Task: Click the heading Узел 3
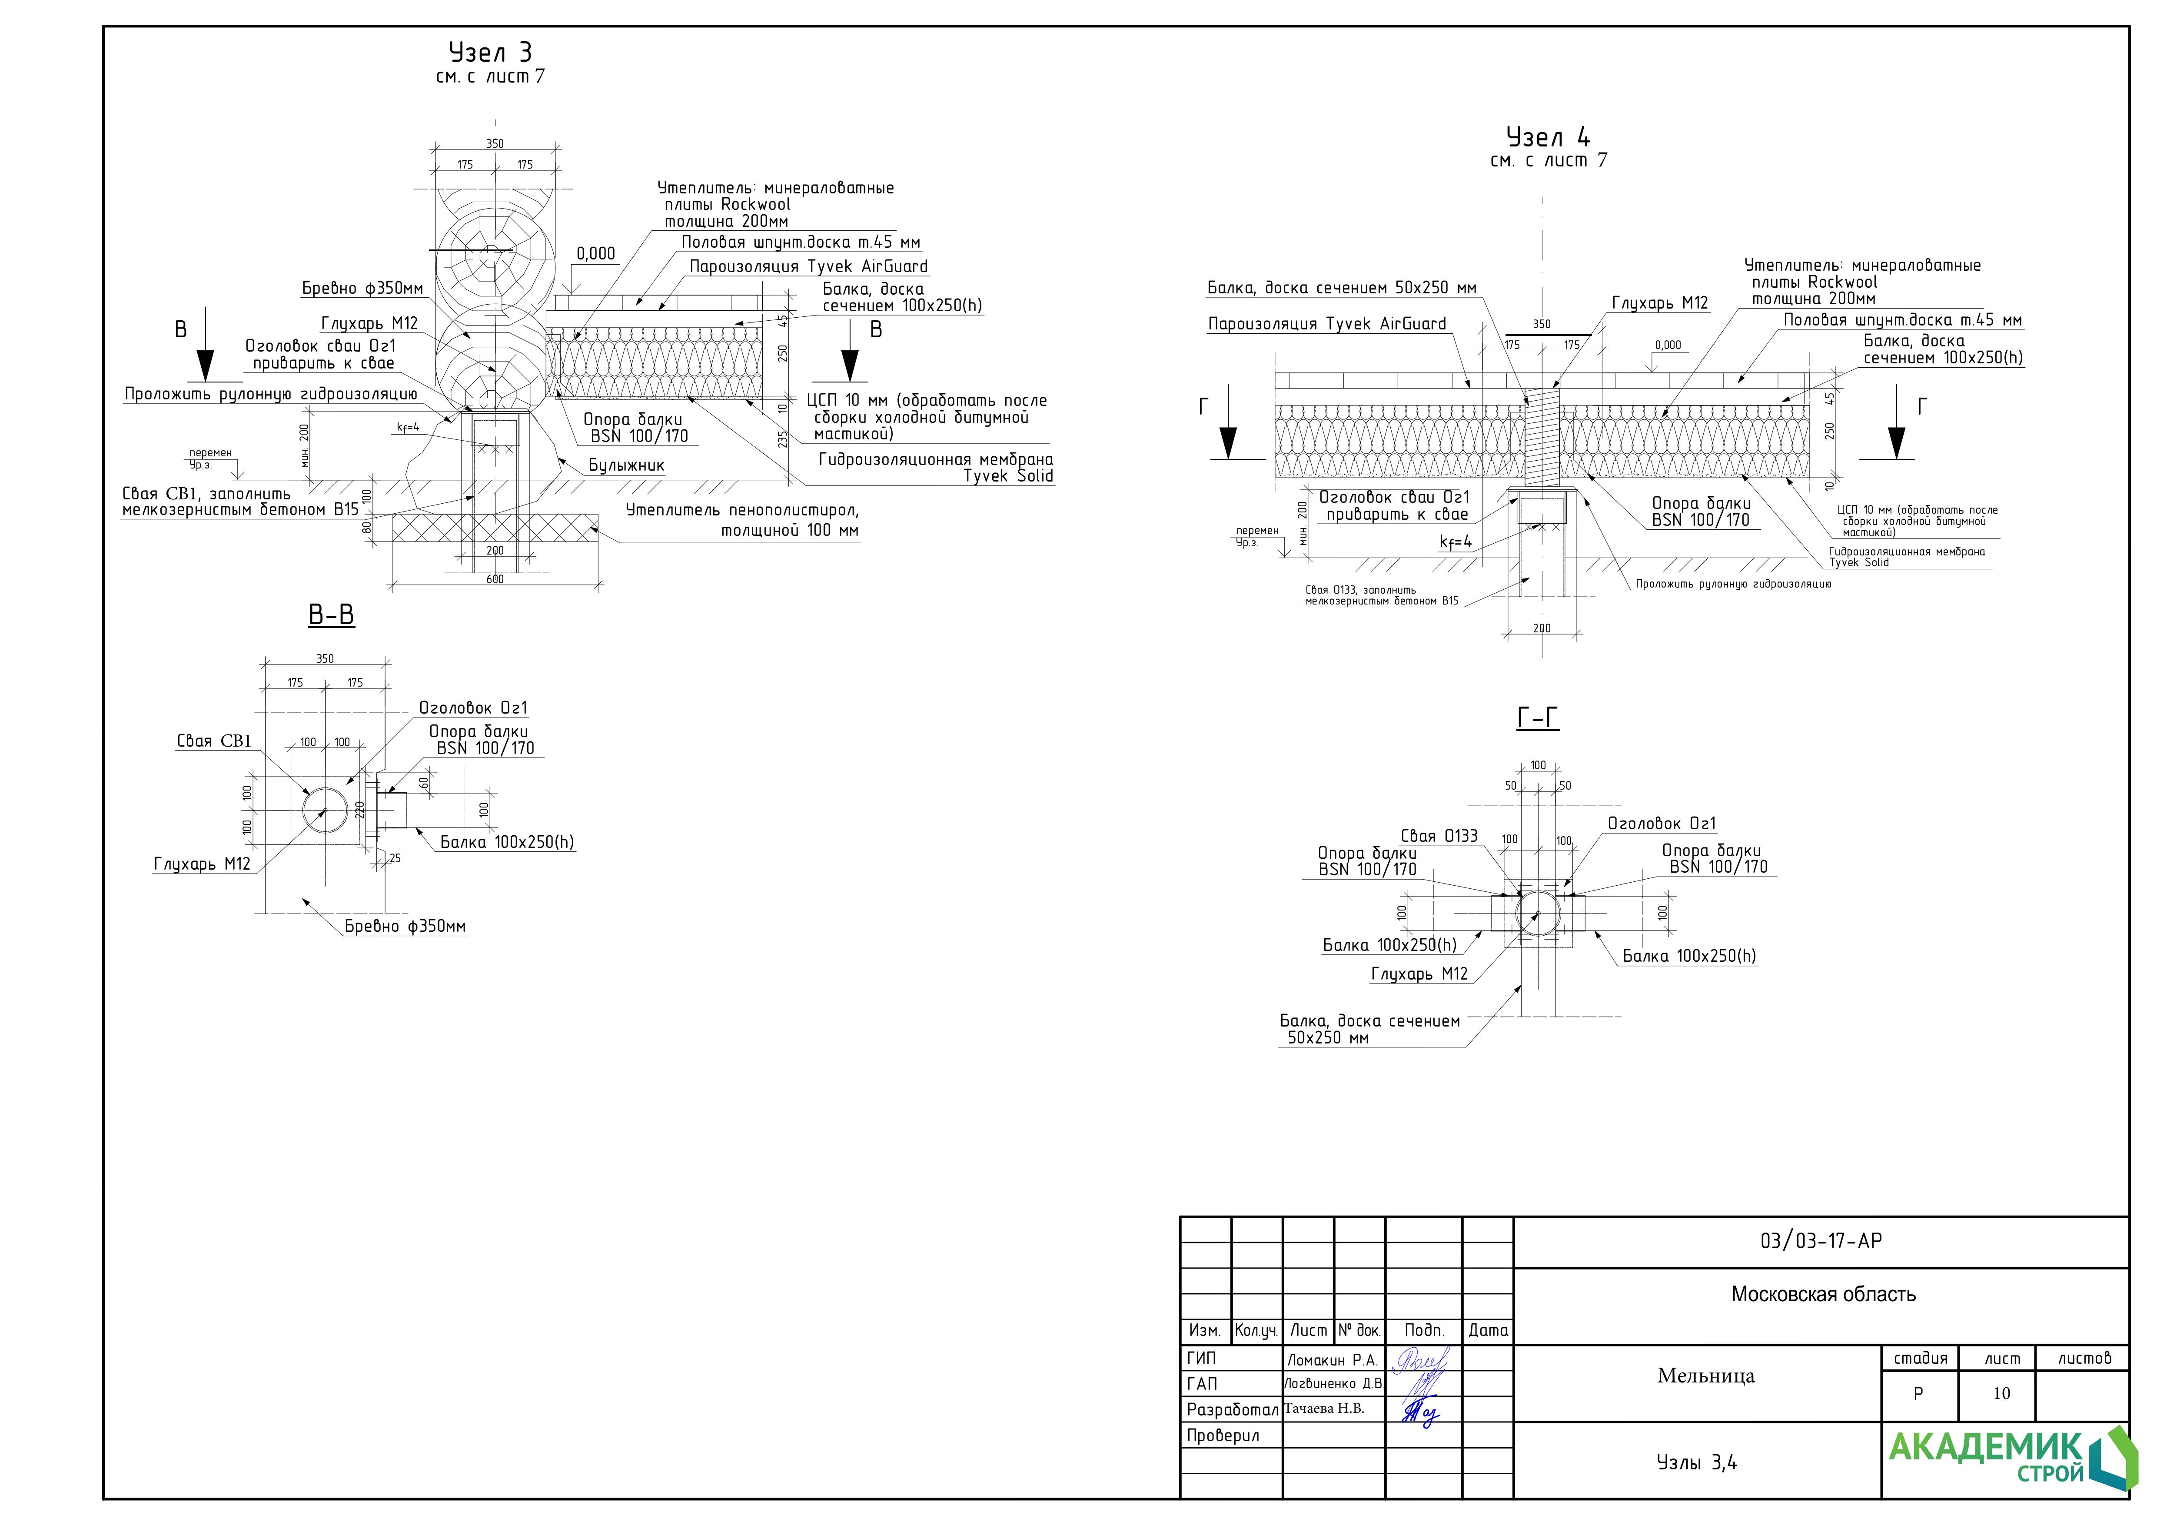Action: pyautogui.click(x=490, y=53)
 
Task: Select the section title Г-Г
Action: pyautogui.click(x=1538, y=719)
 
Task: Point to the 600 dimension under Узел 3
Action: pyautogui.click(x=495, y=579)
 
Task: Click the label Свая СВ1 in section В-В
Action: pyautogui.click(x=214, y=741)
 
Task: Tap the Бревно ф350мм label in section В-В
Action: pyautogui.click(x=405, y=927)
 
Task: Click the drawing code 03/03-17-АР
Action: pyautogui.click(x=1821, y=1241)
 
